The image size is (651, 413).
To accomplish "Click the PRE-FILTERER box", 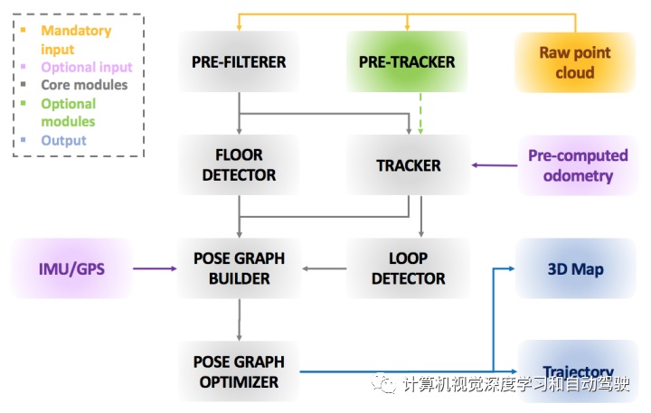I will pyautogui.click(x=239, y=62).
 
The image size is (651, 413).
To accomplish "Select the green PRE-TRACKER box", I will pyautogui.click(x=408, y=62).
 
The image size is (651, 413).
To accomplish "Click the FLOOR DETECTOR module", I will pyautogui.click(x=239, y=165).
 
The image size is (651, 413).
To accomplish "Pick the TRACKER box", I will pyautogui.click(x=408, y=165).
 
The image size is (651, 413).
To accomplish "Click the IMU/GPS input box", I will pyautogui.click(x=71, y=268).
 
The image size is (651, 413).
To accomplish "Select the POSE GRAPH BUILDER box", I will pyautogui.click(x=239, y=268).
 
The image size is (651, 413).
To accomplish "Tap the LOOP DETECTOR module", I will pyautogui.click(x=408, y=268).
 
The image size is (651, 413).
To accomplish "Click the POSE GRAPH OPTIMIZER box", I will pyautogui.click(x=239, y=371).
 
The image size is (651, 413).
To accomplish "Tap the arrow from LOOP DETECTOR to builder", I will pyautogui.click(x=323, y=268).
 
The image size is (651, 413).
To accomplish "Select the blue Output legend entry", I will pyautogui.click(x=63, y=140).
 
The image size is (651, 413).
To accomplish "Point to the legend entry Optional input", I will pyautogui.click(x=87, y=67).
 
